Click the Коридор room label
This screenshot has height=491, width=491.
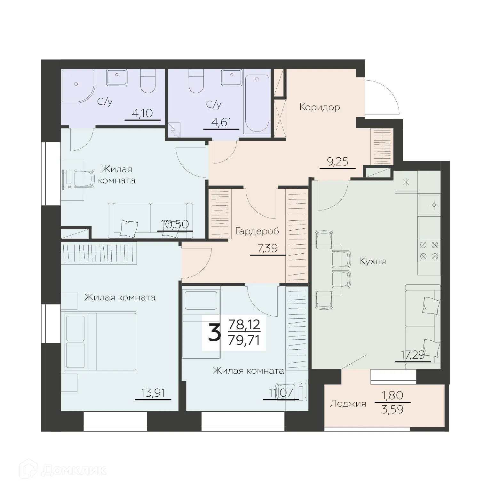pos(319,107)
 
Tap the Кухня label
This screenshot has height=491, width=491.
pos(373,261)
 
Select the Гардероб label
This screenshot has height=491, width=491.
pos(257,231)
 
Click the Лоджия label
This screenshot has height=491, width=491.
pos(348,404)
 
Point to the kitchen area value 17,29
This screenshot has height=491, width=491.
pos(413,355)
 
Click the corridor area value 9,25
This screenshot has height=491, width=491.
pos(337,162)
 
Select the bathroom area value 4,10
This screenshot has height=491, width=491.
pos(142,114)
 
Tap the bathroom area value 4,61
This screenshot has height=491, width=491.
pos(221,123)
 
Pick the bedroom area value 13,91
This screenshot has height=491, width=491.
pos(153,393)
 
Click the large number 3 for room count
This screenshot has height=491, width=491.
pos(214,333)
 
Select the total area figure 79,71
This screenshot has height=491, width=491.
pos(244,340)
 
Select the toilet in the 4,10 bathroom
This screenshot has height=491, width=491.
pos(148,81)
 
